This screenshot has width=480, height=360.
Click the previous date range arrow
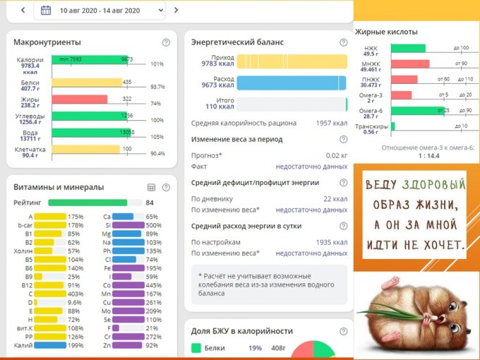point(23,11)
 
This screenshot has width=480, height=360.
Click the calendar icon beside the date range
point(46,11)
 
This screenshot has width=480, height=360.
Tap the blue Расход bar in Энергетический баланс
point(291,83)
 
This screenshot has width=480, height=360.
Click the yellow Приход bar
point(291,61)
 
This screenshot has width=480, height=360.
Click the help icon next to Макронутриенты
point(166,42)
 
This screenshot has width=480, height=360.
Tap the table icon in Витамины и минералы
point(151,188)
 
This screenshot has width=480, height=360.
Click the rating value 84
point(150,203)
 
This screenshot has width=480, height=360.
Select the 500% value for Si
point(154,226)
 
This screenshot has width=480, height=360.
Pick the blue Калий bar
point(50,345)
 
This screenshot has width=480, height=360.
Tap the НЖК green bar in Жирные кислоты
point(408,48)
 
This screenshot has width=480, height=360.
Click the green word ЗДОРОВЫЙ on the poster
point(434,185)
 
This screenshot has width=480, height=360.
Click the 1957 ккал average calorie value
point(332,123)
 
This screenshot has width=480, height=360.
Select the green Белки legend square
point(196,348)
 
